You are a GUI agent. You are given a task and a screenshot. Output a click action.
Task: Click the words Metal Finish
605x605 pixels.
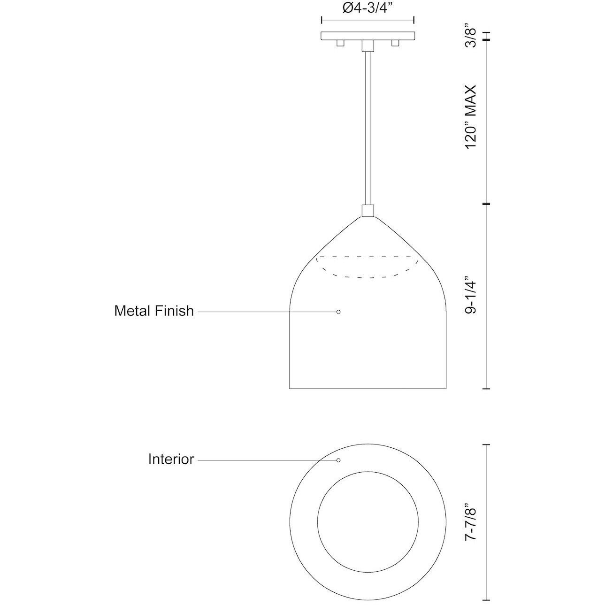pos(154,311)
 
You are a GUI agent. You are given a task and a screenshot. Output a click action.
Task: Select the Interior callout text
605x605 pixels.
pos(171,459)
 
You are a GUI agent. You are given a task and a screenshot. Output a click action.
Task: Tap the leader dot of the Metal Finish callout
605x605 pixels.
pos(338,312)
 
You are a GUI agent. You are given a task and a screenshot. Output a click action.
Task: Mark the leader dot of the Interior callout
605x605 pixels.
pos(338,460)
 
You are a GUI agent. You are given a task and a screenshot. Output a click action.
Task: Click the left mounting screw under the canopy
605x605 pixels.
pos(340,43)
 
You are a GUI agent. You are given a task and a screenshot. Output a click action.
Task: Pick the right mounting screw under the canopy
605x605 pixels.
pos(395,43)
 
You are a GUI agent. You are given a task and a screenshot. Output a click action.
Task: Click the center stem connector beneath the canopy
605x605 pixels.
pos(368,45)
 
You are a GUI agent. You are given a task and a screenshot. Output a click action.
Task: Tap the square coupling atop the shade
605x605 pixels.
pos(368,210)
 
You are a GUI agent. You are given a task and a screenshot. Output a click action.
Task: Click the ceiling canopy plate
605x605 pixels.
pos(368,36)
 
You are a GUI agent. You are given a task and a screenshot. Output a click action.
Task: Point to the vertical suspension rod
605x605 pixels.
pos(368,127)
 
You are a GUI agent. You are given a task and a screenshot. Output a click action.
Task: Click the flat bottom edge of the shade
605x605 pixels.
pos(368,389)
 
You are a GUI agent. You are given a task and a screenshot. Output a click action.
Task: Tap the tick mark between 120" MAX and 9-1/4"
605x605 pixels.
pos(486,204)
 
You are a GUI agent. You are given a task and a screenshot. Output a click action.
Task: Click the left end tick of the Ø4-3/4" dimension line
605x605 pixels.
pos(321,20)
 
